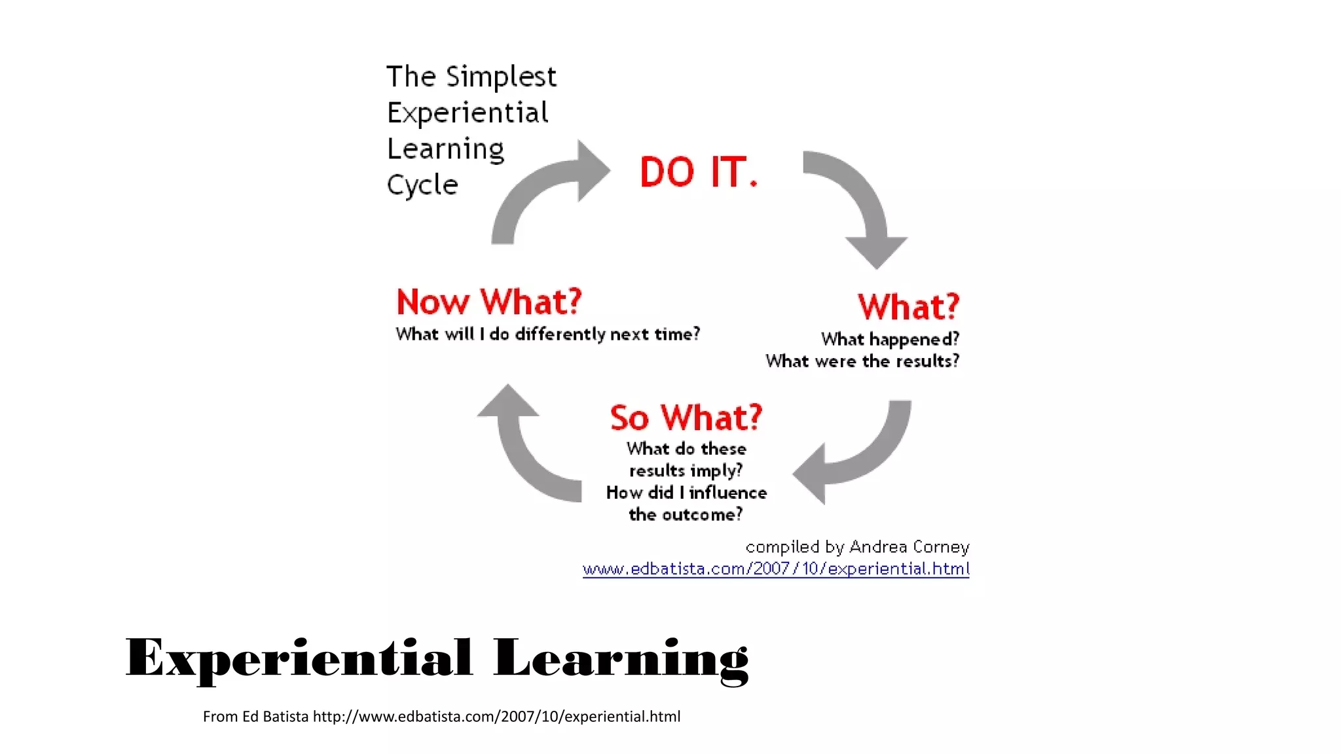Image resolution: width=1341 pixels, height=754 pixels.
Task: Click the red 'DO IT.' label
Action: pyautogui.click(x=698, y=172)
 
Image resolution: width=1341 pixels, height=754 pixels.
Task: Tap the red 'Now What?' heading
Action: pyautogui.click(x=489, y=302)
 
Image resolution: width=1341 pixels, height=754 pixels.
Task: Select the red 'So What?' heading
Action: pyautogui.click(x=686, y=418)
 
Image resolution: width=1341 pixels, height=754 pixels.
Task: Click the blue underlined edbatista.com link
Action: pyautogui.click(x=776, y=569)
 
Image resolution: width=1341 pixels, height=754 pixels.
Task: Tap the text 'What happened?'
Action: pyautogui.click(x=890, y=339)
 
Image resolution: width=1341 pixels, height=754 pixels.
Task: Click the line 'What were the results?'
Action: pyautogui.click(x=862, y=361)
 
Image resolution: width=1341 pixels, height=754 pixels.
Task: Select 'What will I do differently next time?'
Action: pyautogui.click(x=547, y=334)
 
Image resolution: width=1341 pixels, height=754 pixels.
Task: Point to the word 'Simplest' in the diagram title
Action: pyautogui.click(x=501, y=77)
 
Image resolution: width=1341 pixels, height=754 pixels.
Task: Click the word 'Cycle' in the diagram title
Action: pyautogui.click(x=422, y=185)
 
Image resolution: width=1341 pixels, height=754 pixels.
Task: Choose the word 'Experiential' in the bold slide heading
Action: pyautogui.click(x=299, y=658)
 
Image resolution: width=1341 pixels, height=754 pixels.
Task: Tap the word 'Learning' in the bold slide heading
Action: pyautogui.click(x=621, y=660)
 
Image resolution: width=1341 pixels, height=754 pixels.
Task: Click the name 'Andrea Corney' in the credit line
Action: pyautogui.click(x=909, y=547)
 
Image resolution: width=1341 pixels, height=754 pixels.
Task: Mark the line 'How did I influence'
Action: pyautogui.click(x=686, y=492)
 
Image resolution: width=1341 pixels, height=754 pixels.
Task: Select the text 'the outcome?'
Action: pyautogui.click(x=686, y=514)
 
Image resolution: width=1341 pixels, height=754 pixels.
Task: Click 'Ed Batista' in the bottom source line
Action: pyautogui.click(x=275, y=717)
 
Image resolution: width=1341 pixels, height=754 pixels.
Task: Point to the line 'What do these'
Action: pyautogui.click(x=686, y=449)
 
